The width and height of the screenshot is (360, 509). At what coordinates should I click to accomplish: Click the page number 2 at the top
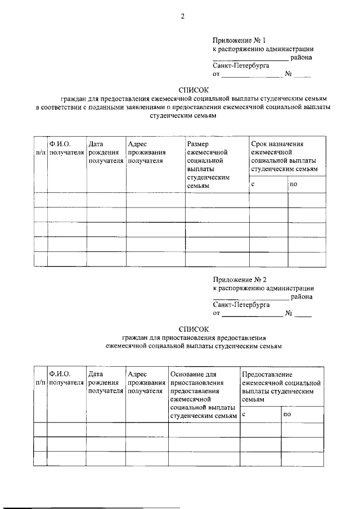(182, 16)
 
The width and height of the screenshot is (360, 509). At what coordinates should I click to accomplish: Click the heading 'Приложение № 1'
(235, 40)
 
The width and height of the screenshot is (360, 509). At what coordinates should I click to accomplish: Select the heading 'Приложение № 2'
(235, 280)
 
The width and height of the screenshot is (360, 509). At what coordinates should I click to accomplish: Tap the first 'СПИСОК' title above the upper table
(193, 89)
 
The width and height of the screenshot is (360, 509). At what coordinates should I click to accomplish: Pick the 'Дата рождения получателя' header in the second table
(105, 382)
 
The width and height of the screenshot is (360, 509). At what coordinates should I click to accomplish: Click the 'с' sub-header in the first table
(253, 184)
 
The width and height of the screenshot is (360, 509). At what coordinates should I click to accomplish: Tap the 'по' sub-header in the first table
(294, 184)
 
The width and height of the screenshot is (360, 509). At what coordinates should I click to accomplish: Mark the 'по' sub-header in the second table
(287, 414)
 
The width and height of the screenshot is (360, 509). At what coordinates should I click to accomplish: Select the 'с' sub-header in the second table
(245, 414)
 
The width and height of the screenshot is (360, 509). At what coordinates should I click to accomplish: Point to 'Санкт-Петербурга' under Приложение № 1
(241, 65)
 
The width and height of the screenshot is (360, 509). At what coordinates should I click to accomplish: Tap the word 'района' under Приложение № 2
(302, 297)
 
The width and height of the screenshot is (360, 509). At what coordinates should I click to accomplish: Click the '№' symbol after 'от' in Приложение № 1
(288, 74)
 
